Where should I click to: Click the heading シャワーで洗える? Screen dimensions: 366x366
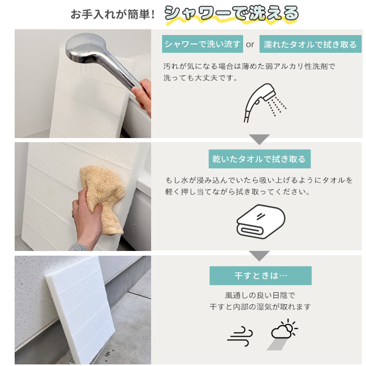coord(232,13)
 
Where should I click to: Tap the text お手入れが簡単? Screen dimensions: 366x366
coord(113,15)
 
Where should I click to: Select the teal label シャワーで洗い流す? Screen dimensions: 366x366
coord(202,44)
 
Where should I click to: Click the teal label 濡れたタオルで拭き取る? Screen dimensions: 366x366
coord(310,44)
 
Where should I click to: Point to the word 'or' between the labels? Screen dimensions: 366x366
coord(250,44)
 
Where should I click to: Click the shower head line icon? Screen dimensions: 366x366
coord(265,103)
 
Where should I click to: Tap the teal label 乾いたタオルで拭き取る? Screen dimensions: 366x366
coord(259,159)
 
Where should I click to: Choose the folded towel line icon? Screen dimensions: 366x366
coord(261,221)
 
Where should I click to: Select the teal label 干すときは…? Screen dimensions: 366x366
coord(260,276)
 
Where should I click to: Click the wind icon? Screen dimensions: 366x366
coord(240,336)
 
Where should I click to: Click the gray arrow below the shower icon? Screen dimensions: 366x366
coord(259,139)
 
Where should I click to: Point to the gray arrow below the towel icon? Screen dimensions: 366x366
coord(259,256)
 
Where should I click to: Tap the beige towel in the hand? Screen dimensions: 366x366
coord(102,196)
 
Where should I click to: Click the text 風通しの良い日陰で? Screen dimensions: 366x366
coord(260,295)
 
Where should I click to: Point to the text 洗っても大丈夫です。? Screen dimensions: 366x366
coord(200,78)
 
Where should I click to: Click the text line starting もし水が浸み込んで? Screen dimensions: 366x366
coord(259,180)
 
